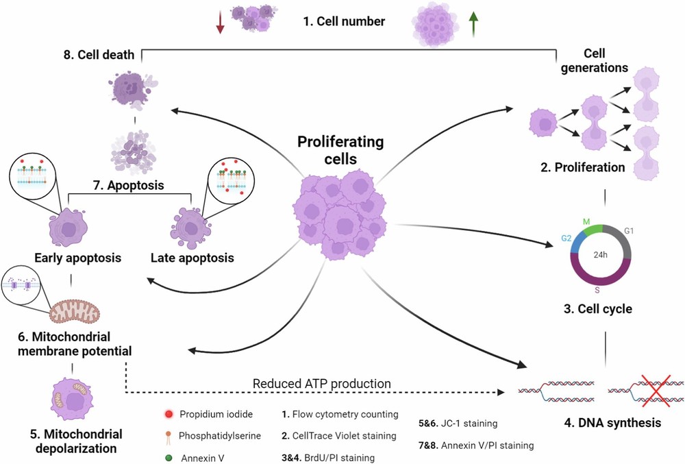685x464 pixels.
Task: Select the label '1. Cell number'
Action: pos(344,21)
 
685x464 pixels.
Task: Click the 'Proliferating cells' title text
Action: pos(340,151)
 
